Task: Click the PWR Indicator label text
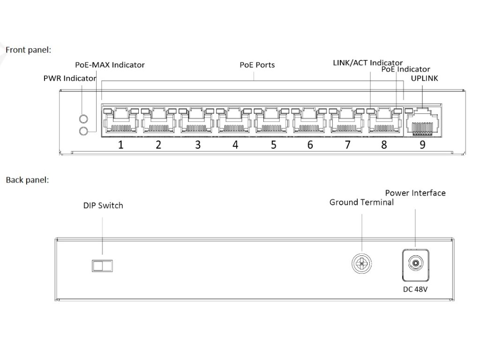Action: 70,78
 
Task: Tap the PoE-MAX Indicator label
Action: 110,65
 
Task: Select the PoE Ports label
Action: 257,65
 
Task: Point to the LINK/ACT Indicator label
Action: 367,63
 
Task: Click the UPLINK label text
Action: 424,78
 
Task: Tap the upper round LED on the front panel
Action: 83,119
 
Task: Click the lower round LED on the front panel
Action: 83,131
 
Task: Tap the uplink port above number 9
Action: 422,122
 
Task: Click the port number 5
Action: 273,144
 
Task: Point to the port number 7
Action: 347,144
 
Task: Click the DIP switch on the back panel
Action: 102,266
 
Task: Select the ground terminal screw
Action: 361,263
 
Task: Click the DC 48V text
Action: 415,289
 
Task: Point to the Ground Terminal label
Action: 361,202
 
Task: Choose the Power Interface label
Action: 415,193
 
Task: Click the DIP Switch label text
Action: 103,205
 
